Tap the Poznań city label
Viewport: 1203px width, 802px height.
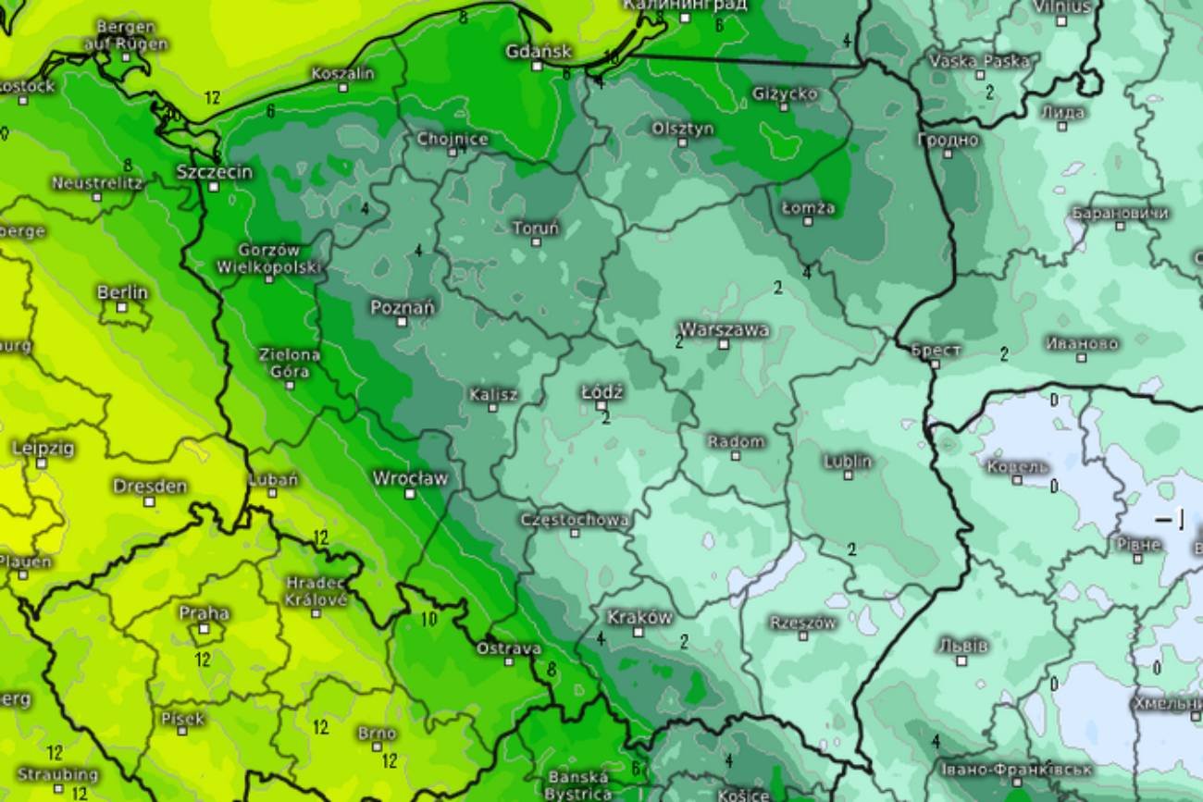[403, 307]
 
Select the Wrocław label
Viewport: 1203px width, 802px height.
[410, 478]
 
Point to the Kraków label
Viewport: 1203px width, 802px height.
[639, 617]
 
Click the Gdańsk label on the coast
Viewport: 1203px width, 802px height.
[539, 51]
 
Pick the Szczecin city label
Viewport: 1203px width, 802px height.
[214, 171]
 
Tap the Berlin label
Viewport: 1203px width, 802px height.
[122, 292]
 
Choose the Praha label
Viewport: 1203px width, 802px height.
[205, 612]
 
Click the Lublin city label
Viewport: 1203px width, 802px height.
[848, 461]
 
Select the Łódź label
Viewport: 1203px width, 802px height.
[601, 392]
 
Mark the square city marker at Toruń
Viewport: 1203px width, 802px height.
[536, 241]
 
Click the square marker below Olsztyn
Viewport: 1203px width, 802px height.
[683, 143]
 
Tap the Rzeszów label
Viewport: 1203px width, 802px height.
[802, 623]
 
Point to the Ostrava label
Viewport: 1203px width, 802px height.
[508, 648]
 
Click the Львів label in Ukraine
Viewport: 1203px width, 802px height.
[962, 645]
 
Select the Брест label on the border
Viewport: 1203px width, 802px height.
[936, 350]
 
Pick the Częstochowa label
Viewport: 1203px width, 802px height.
[575, 520]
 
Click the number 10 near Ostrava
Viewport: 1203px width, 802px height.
[428, 619]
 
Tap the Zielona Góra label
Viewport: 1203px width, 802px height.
[290, 363]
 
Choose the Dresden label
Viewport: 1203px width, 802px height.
[150, 486]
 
